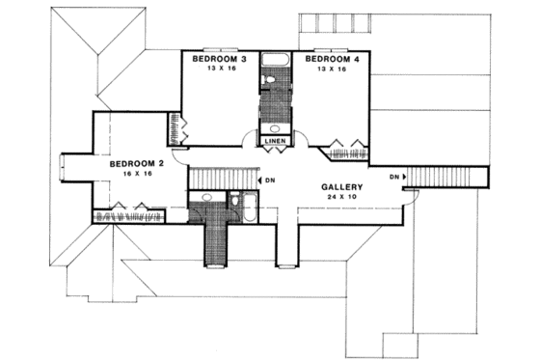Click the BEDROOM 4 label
[x=333, y=60]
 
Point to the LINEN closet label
[x=273, y=142]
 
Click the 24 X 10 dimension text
[x=341, y=198]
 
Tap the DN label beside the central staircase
[x=271, y=180]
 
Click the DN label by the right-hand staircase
[x=395, y=178]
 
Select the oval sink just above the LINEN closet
[x=273, y=127]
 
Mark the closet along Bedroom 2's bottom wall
[x=130, y=216]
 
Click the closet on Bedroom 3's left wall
[x=175, y=127]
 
